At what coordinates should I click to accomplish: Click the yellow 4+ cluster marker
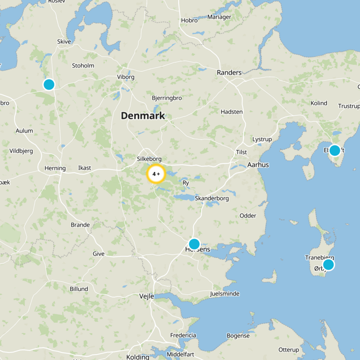tap(156, 174)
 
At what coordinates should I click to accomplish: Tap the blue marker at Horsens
tap(194, 244)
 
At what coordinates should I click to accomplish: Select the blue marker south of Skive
tap(49, 84)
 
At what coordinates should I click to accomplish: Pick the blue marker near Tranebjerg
tap(328, 265)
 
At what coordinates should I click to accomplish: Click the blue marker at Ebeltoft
tap(334, 150)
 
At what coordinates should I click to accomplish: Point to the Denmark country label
tap(143, 116)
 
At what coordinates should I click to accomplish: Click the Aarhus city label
tap(258, 165)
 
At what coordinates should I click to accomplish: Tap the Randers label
tap(229, 72)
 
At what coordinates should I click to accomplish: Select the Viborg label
tap(126, 77)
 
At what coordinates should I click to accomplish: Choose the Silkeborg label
tap(149, 159)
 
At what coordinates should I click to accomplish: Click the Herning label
tap(55, 168)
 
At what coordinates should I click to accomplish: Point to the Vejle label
tap(147, 296)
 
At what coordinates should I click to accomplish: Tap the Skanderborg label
tap(211, 198)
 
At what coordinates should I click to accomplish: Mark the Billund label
tap(79, 289)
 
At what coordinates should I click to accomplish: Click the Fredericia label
tap(183, 335)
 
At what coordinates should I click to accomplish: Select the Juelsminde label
tap(225, 294)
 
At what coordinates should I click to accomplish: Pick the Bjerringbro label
tap(166, 98)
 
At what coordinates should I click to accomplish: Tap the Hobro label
tap(189, 20)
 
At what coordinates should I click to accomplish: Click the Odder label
tap(247, 216)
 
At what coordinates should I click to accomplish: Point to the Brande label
tap(80, 225)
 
